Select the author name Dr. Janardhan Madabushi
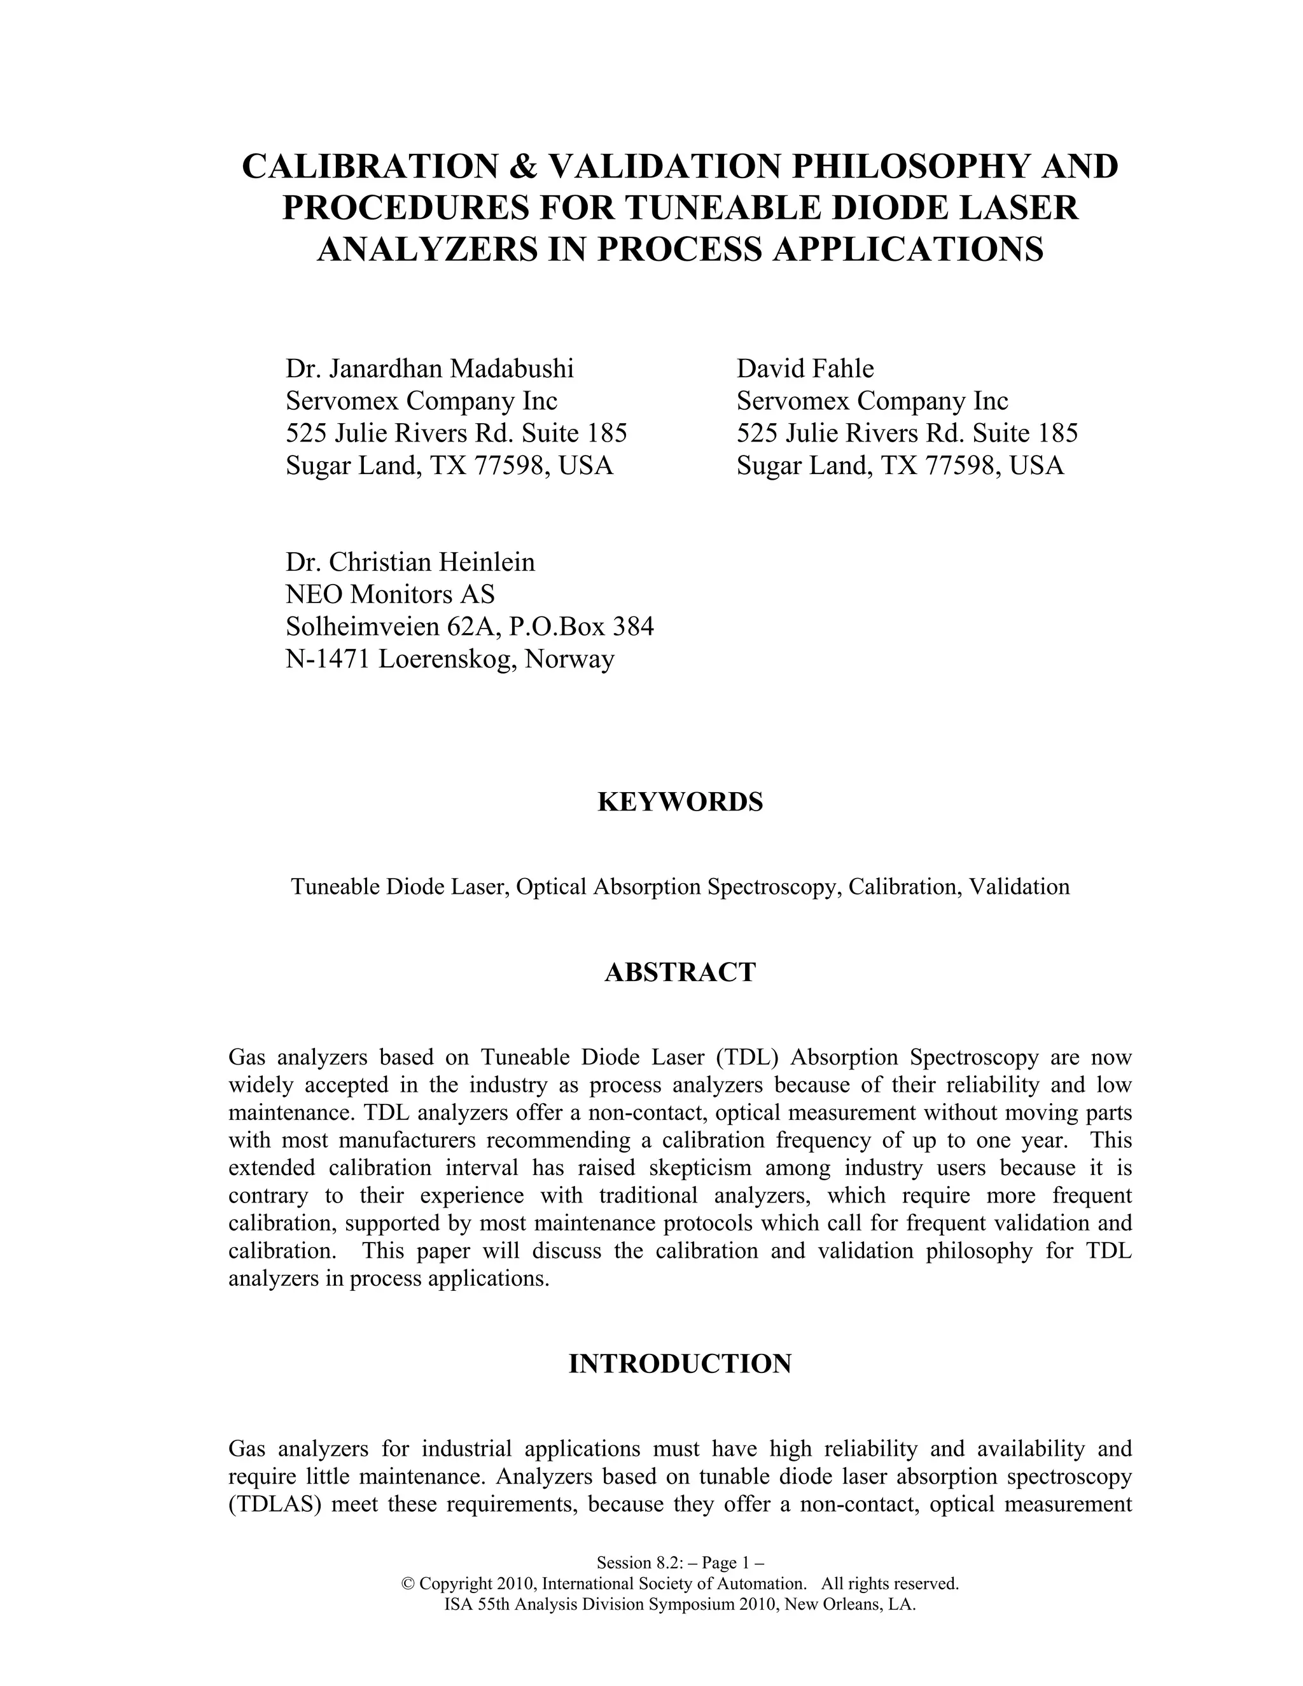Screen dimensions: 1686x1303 pyautogui.click(x=430, y=369)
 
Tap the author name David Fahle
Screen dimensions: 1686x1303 pyautogui.click(x=805, y=369)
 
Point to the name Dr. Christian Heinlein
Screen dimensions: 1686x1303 pyautogui.click(x=410, y=562)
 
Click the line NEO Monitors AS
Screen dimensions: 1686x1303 pyautogui.click(x=390, y=594)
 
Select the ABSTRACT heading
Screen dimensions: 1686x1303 pyautogui.click(x=680, y=972)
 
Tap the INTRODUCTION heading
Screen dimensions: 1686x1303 pyautogui.click(x=680, y=1364)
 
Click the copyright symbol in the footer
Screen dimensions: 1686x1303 pyautogui.click(x=408, y=1584)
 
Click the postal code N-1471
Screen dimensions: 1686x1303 pyautogui.click(x=328, y=659)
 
